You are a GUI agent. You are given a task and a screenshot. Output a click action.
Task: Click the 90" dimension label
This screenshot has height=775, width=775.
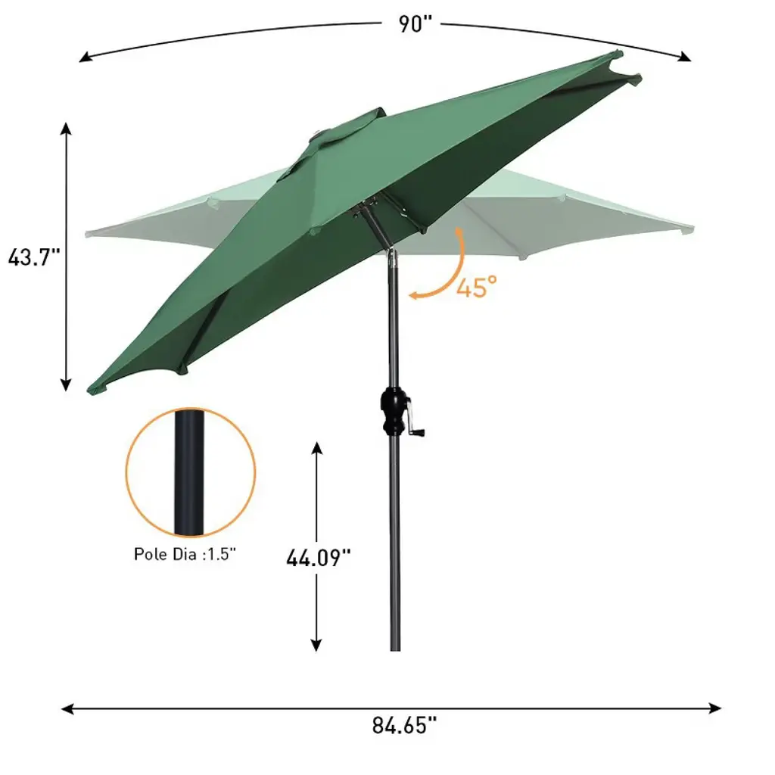416,23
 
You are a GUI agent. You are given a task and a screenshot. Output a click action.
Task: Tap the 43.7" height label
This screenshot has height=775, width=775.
33,257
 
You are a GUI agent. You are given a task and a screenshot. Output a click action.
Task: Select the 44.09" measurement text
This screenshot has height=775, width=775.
319,558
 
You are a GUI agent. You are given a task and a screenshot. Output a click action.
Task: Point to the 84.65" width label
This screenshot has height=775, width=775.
404,726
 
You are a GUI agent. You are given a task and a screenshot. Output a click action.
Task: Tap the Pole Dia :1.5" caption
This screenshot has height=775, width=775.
185,554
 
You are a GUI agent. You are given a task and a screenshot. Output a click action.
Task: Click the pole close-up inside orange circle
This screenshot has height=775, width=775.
188,472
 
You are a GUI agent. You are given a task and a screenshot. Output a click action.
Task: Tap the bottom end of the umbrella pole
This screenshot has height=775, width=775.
395,649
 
